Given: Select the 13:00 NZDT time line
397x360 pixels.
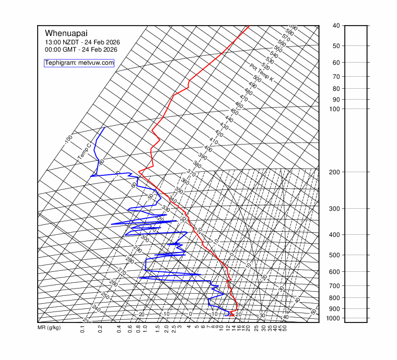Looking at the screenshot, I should tap(80, 42).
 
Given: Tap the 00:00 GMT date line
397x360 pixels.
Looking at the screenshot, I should tap(81, 50).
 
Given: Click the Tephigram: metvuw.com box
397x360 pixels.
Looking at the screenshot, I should tap(79, 63).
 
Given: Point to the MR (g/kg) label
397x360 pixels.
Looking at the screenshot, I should tap(49, 328).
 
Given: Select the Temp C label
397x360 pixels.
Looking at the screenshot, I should tap(84, 151).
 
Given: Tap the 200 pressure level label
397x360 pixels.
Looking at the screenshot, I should tap(335, 172).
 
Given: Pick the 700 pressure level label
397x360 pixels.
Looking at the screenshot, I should tap(335, 286).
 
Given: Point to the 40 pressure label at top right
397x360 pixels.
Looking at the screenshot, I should tap(336, 26).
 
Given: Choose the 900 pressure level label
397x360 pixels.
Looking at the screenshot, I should tap(335, 309).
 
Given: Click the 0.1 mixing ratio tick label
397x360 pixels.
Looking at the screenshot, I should tap(83, 329).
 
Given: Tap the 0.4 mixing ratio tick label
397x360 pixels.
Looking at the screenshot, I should tap(119, 329).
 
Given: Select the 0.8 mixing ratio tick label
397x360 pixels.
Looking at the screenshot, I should tap(138, 329).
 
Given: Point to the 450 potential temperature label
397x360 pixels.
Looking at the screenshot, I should tap(234, 112).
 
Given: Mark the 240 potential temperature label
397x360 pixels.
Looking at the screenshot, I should tap(96, 308).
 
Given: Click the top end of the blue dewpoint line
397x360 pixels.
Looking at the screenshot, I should tap(104, 128).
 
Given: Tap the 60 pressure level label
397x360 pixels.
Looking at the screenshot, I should tap(336, 63).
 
